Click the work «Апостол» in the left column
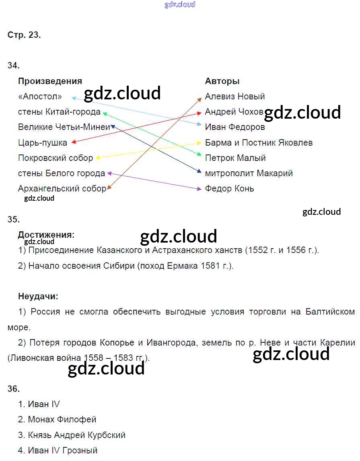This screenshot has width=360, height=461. [40, 97]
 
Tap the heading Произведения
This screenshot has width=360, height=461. [50, 81]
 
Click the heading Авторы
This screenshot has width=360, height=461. [222, 81]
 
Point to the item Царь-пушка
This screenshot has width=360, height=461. [43, 142]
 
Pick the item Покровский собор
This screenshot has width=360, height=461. [56, 158]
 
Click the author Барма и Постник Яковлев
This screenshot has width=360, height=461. [259, 143]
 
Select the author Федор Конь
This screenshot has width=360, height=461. [229, 189]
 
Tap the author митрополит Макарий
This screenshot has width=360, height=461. [249, 173]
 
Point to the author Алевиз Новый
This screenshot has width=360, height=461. [235, 97]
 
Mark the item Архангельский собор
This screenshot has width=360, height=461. [62, 189]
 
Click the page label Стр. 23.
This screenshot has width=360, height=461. [24, 35]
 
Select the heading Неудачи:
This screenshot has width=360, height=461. [38, 297]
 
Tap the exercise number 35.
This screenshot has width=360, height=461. [14, 219]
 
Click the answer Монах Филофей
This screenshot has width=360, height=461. [62, 420]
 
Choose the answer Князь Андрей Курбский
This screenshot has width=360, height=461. [76, 435]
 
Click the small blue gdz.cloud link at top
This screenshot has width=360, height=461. [180, 4]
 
